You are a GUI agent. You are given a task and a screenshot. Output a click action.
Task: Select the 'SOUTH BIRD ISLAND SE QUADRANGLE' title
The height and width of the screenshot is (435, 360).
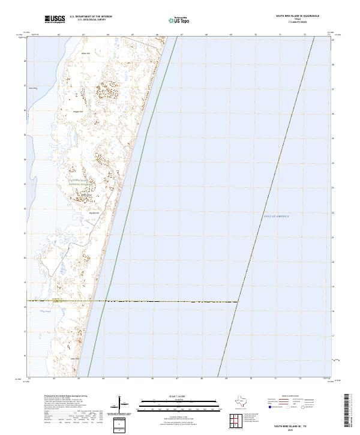pos(298,16)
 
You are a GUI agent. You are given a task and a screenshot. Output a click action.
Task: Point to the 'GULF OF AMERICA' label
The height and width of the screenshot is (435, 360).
pos(277,215)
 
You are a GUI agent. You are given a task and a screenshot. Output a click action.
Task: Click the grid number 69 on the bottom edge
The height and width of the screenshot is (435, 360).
pos(226,379)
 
